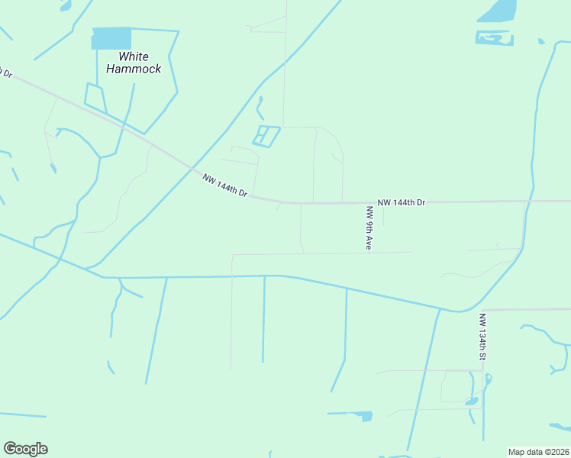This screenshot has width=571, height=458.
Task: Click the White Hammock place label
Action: (134, 63)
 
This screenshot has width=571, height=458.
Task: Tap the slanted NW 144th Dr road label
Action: (225, 186)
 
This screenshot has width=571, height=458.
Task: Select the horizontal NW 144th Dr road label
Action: (401, 202)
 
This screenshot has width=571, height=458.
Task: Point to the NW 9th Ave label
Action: (369, 228)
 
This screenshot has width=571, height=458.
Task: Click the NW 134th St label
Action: (482, 337)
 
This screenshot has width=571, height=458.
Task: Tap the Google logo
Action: (25, 449)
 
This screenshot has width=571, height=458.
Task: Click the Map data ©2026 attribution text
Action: (537, 452)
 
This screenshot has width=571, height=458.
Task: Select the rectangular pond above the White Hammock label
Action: (111, 38)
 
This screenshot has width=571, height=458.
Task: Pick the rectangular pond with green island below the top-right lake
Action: (494, 37)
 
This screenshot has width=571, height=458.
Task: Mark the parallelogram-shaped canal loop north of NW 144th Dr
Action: (266, 136)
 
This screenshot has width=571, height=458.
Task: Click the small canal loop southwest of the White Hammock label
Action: (94, 95)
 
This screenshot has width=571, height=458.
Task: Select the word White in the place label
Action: (134, 56)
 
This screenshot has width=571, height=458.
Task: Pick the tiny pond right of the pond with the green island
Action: (540, 41)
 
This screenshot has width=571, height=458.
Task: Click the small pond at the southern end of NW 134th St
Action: (472, 400)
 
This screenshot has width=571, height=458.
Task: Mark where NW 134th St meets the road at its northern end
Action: (482, 310)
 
